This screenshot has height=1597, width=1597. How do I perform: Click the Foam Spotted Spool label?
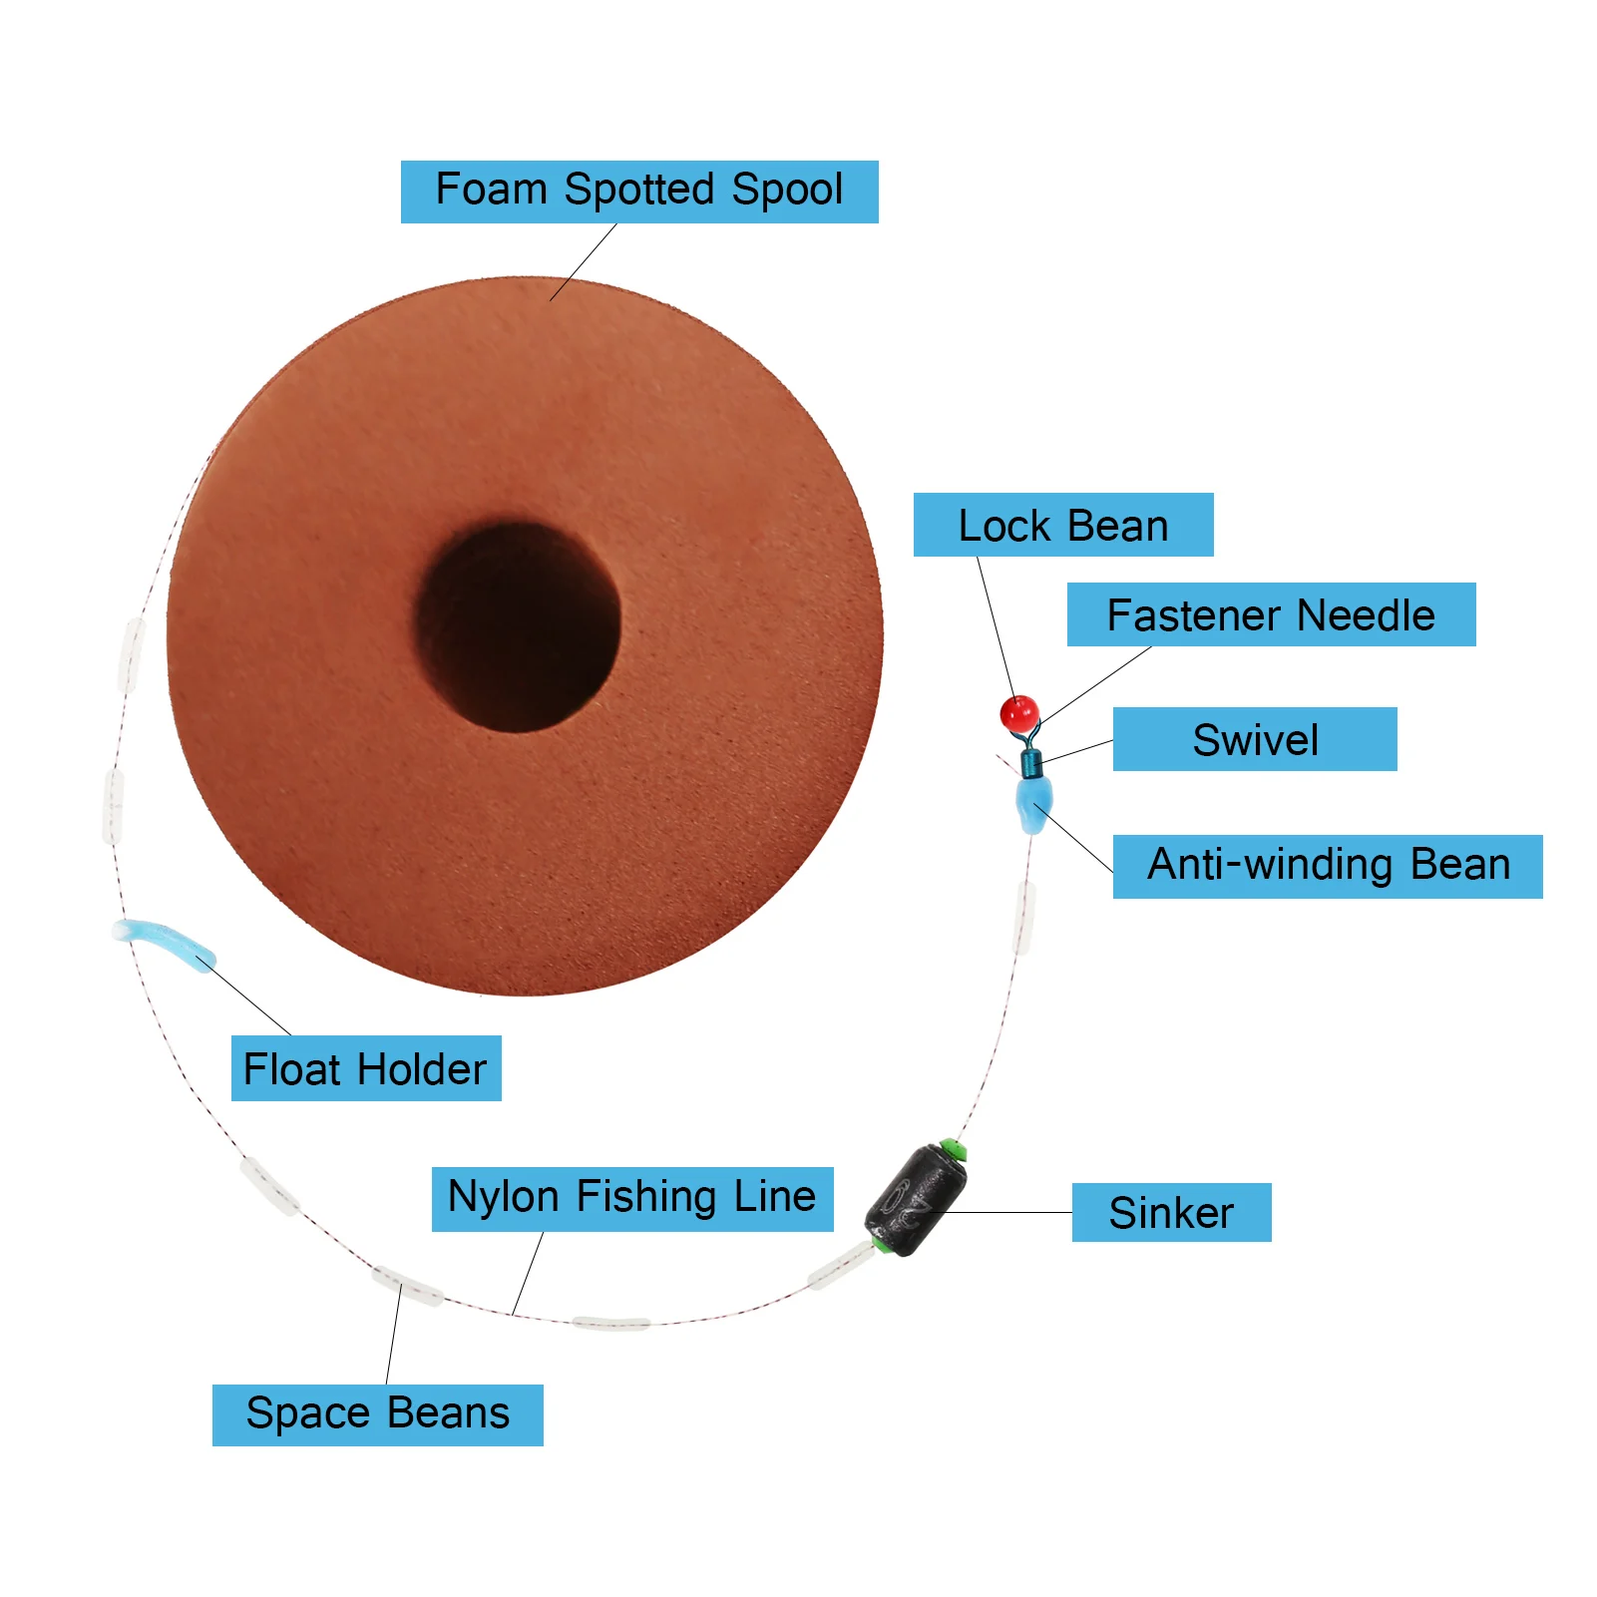[x=639, y=192]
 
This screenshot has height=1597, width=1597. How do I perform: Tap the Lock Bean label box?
[x=1063, y=525]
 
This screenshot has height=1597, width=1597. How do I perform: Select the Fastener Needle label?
[x=1271, y=614]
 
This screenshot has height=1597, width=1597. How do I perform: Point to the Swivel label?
[x=1255, y=739]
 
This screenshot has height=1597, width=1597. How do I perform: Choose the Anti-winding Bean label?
[x=1328, y=866]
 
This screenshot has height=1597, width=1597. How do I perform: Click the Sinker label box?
[x=1171, y=1212]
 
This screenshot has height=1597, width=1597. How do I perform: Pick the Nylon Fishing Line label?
[x=632, y=1198]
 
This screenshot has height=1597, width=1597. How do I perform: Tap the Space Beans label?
[x=377, y=1414]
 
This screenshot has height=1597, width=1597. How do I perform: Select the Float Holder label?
[x=366, y=1069]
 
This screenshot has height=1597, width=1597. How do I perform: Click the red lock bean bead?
[x=1019, y=714]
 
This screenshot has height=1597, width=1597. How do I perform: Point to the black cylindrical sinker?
[x=916, y=1201]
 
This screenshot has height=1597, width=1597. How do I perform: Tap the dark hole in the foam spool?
[x=518, y=626]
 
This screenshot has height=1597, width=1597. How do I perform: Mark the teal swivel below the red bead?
[x=1030, y=764]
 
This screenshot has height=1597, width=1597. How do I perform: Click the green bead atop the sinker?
[x=954, y=1149]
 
